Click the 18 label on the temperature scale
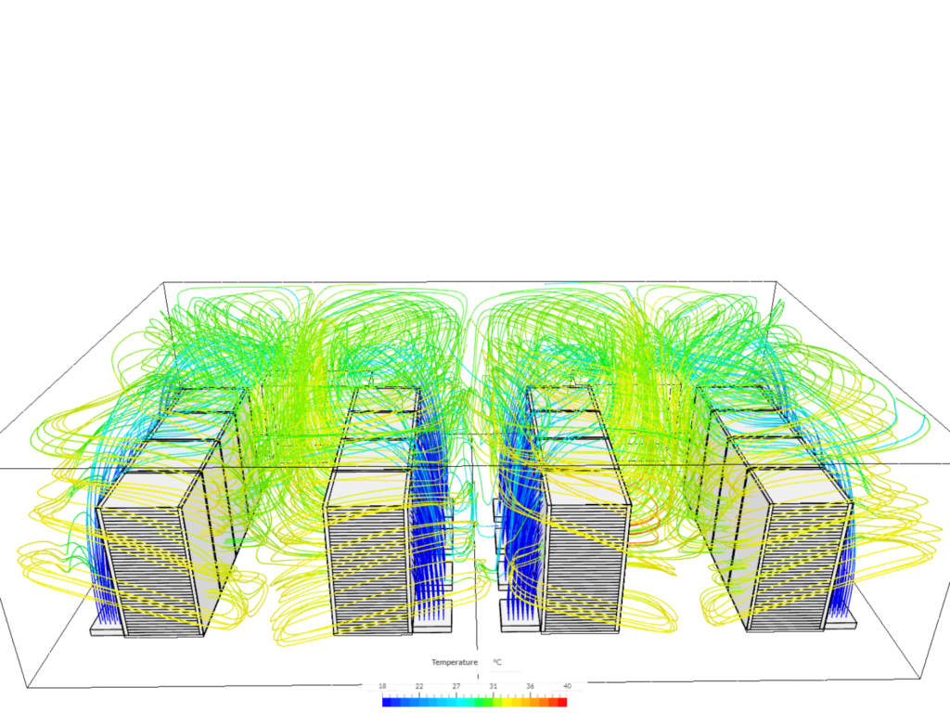(x=382, y=686)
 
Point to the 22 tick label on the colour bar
(x=419, y=686)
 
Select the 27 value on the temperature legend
(x=456, y=686)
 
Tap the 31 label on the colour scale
(x=493, y=686)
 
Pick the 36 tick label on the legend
(x=530, y=686)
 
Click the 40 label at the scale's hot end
(x=566, y=686)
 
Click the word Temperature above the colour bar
(x=454, y=662)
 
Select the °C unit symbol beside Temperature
(x=497, y=662)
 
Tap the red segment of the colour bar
(x=560, y=702)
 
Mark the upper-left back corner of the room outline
(x=164, y=282)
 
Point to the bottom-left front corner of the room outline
(x=28, y=688)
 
